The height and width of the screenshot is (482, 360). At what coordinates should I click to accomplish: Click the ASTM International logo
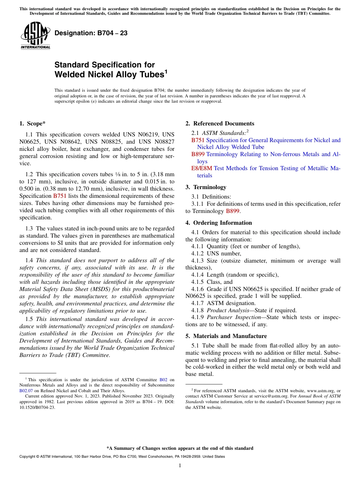[35, 36]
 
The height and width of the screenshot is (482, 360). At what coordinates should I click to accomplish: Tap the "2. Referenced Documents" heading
[220, 124]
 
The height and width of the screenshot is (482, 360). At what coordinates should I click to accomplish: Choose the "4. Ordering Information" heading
[219, 223]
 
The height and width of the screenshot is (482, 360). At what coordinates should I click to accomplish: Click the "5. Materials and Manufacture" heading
[226, 336]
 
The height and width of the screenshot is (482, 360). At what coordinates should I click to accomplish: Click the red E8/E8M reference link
[202, 168]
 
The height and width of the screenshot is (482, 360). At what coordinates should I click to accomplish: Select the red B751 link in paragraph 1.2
[59, 196]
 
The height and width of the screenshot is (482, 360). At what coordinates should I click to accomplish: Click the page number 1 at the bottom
[180, 466]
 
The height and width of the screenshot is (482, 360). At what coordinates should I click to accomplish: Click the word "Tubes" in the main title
[151, 75]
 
